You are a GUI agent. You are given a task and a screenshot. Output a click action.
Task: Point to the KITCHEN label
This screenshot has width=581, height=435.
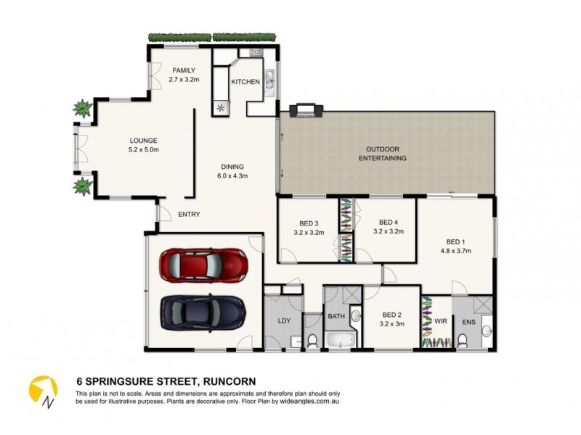[x=245, y=82]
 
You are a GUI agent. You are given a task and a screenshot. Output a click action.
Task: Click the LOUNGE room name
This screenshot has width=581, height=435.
[x=144, y=141]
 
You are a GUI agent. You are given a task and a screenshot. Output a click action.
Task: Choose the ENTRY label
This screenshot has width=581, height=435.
[x=189, y=214]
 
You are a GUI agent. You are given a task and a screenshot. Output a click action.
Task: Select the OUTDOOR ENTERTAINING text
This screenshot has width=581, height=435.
[x=382, y=154]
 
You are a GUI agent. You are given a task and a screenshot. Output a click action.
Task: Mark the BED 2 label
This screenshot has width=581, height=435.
[x=392, y=315]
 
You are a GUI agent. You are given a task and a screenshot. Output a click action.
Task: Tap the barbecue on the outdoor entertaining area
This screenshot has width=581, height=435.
[x=304, y=111]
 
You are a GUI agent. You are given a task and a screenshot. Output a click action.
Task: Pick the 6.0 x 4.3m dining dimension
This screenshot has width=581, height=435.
[x=232, y=175]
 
